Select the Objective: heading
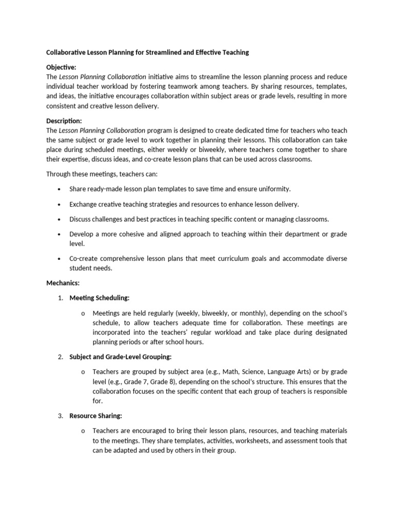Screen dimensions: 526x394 [x=61, y=67]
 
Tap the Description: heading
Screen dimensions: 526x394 [x=64, y=121]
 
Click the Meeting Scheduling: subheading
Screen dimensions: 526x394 [x=100, y=298]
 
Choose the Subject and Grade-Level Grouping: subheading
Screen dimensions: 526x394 [x=121, y=356]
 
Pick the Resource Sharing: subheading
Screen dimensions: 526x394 [x=96, y=416]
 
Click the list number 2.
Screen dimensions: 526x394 [x=60, y=356]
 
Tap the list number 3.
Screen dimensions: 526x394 [x=60, y=416]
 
